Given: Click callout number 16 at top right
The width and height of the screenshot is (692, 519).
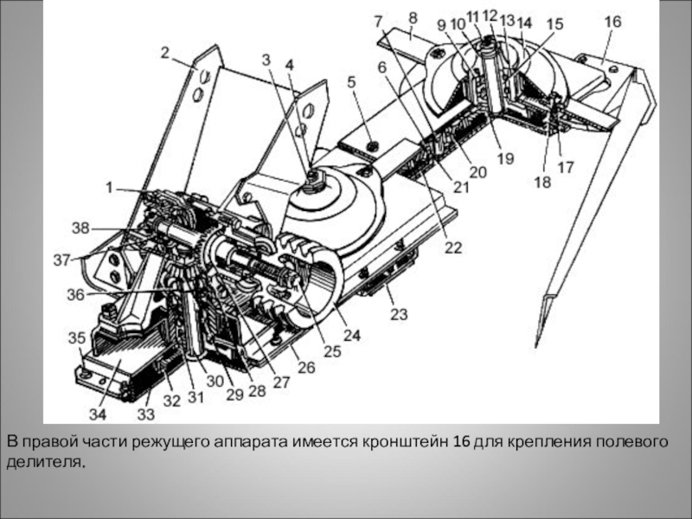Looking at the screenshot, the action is [x=612, y=21].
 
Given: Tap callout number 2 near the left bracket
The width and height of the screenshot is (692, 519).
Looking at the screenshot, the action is [x=165, y=52].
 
